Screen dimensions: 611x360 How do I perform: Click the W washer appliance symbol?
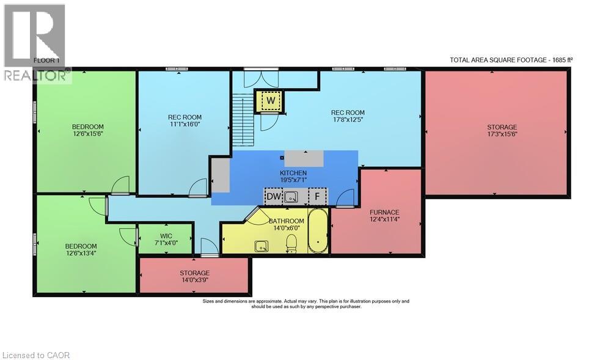[271, 100]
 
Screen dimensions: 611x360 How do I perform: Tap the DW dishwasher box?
[274, 196]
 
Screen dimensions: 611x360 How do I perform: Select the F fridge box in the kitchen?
[318, 196]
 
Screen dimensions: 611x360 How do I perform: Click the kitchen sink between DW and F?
[291, 197]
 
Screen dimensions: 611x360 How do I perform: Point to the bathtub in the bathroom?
[318, 230]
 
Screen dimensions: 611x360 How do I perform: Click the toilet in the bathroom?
[291, 244]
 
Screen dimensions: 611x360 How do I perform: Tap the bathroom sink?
[262, 246]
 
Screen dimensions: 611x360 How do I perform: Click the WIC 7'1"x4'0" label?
[166, 239]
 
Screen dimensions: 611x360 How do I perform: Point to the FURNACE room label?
[384, 216]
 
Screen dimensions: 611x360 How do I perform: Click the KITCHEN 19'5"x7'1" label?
[293, 176]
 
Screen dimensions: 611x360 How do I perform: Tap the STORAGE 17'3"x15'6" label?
[502, 131]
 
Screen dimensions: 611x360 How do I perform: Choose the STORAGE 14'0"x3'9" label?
[194, 276]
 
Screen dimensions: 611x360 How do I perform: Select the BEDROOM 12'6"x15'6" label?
[87, 130]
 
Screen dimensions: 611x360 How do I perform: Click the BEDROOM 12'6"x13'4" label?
[81, 249]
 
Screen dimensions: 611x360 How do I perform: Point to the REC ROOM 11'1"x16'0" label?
[185, 120]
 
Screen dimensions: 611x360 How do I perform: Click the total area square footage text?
[511, 60]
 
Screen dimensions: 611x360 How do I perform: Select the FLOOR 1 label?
[46, 61]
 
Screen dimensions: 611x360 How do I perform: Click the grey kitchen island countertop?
[304, 158]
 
